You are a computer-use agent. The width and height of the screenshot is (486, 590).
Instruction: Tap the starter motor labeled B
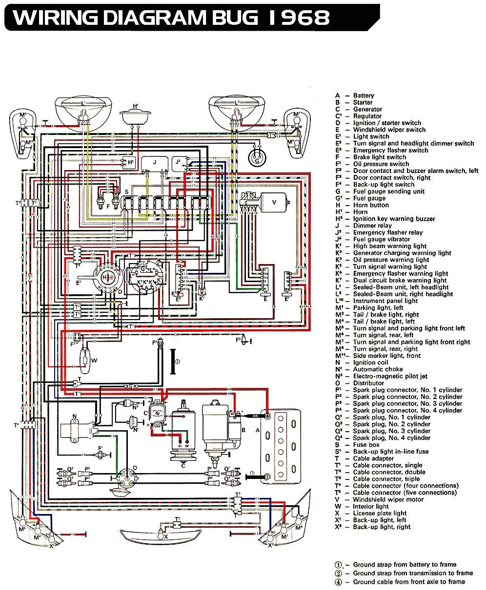(218, 424)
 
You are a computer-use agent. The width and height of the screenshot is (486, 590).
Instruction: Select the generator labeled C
(182, 431)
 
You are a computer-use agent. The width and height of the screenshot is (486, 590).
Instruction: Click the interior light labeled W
(86, 361)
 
